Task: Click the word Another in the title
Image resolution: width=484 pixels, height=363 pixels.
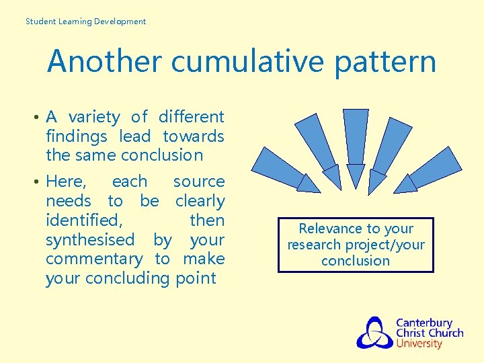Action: click(x=104, y=62)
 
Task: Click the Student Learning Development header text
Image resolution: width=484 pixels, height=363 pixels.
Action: click(x=85, y=22)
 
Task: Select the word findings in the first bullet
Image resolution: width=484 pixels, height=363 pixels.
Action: click(x=77, y=136)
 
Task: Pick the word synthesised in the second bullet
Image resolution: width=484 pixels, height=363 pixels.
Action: click(x=90, y=240)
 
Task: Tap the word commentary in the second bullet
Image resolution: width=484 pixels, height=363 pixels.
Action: click(x=94, y=259)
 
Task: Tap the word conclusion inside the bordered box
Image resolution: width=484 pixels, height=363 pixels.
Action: click(x=356, y=261)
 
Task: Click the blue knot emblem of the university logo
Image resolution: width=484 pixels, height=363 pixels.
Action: click(x=374, y=333)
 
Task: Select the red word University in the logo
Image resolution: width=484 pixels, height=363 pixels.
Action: click(x=419, y=344)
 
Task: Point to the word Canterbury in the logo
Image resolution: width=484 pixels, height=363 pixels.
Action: click(x=424, y=323)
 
